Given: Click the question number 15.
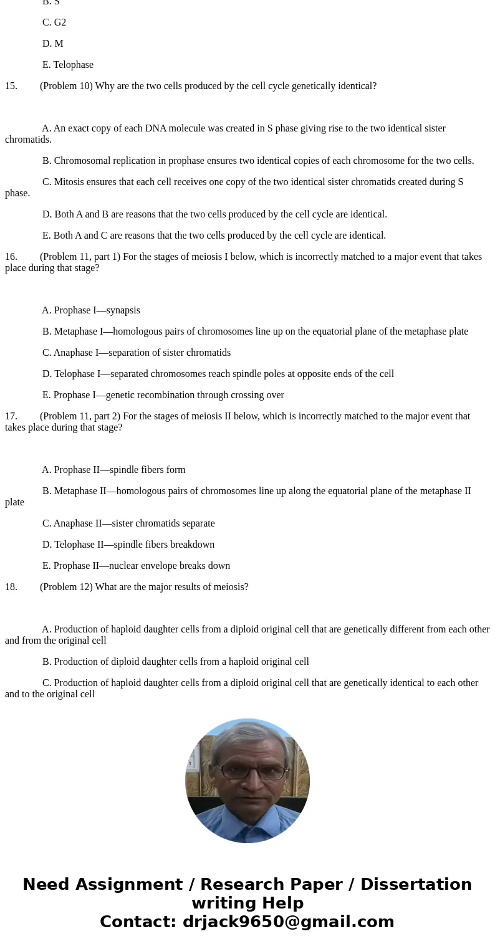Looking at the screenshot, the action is pyautogui.click(x=11, y=86).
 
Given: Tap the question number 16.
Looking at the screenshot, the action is pyautogui.click(x=11, y=257).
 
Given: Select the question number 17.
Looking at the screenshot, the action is pyautogui.click(x=11, y=416).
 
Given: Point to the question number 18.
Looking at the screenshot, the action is pyautogui.click(x=11, y=587).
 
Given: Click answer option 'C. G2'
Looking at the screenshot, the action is pyautogui.click(x=54, y=22).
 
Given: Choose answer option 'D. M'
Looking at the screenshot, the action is pyautogui.click(x=53, y=44).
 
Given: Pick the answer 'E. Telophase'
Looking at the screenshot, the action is pyautogui.click(x=68, y=65).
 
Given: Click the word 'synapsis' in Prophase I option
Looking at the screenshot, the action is pyautogui.click(x=123, y=310).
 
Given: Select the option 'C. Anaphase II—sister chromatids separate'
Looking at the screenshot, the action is pyautogui.click(x=128, y=523).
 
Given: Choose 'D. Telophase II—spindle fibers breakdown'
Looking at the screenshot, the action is pyautogui.click(x=128, y=545).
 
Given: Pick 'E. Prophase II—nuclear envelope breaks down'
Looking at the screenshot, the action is pyautogui.click(x=136, y=566).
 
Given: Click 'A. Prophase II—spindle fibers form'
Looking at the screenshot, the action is pyautogui.click(x=113, y=470).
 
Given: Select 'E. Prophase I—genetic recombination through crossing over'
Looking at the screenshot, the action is pyautogui.click(x=163, y=395).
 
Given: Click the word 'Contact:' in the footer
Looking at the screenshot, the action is pyautogui.click(x=138, y=922).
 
